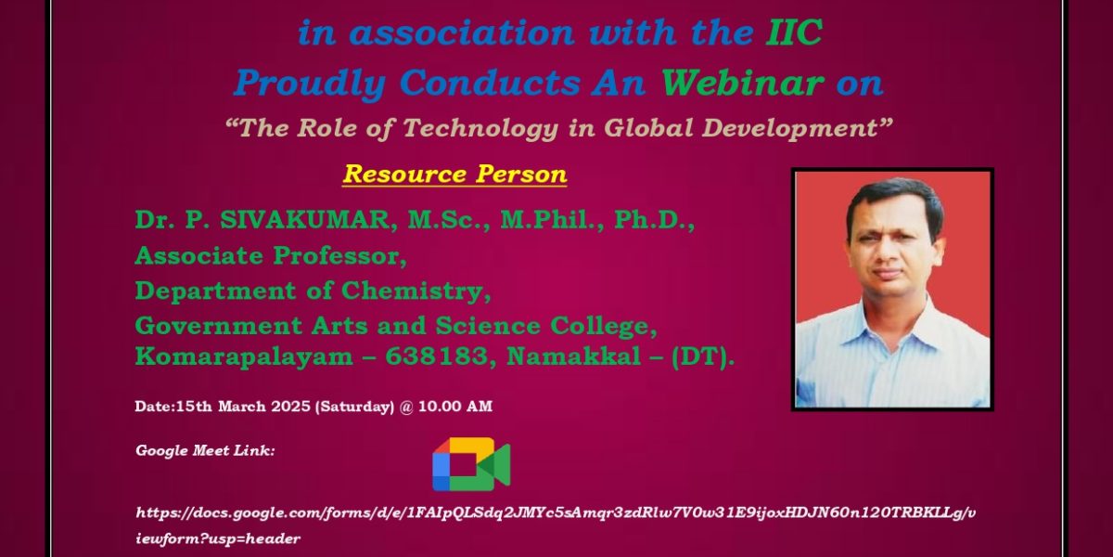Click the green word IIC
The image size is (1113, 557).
tap(794, 32)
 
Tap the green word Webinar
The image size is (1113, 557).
tap(742, 83)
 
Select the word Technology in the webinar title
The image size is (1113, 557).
tap(480, 129)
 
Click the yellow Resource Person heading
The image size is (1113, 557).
tap(454, 175)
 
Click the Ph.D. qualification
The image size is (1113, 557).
tap(653, 220)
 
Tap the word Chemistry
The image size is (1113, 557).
tap(413, 291)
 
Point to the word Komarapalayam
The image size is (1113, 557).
tap(244, 357)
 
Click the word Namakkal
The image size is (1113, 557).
tap(574, 356)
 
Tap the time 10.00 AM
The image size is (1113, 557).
tap(455, 407)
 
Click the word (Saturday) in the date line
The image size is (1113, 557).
tap(354, 407)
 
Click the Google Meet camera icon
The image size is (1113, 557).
tap(471, 464)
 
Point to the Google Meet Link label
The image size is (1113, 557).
tap(205, 450)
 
